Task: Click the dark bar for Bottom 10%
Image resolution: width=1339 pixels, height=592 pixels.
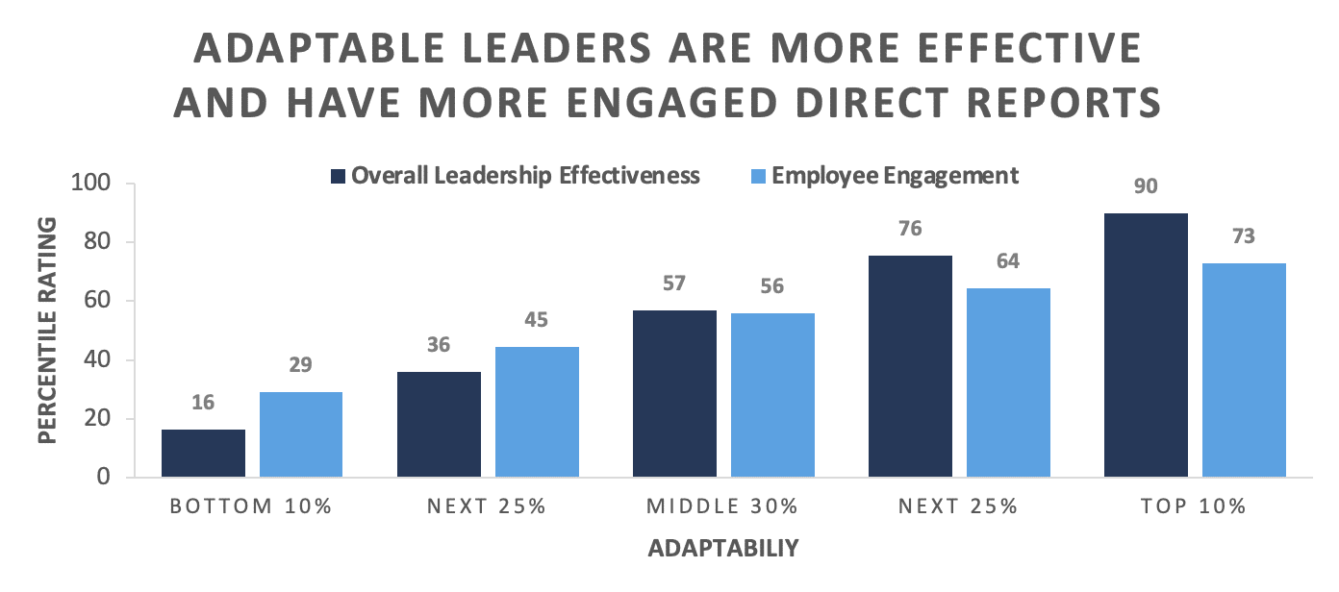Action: tap(203, 454)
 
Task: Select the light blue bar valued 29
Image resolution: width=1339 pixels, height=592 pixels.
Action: tap(301, 434)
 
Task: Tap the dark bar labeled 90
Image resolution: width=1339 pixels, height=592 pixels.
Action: tap(1146, 346)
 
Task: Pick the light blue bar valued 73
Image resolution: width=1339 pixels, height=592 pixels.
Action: tap(1244, 370)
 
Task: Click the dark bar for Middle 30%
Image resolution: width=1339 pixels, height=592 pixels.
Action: tap(674, 394)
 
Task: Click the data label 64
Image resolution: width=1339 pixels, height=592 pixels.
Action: tap(1008, 261)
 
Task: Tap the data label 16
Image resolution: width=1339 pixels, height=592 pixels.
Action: tap(203, 403)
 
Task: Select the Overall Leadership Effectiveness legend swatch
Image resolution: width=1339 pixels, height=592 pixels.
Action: tap(337, 176)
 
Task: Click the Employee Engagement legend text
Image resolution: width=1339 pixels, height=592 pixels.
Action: tap(895, 176)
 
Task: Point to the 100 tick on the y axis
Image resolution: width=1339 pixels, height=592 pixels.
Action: tap(91, 184)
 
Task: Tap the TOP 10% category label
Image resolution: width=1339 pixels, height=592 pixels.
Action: tap(1195, 506)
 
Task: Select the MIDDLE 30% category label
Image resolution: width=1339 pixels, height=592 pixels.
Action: tap(723, 506)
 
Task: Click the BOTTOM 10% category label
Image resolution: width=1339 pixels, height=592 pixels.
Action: tap(251, 506)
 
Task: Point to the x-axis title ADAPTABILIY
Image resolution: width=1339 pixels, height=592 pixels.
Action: tap(723, 550)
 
